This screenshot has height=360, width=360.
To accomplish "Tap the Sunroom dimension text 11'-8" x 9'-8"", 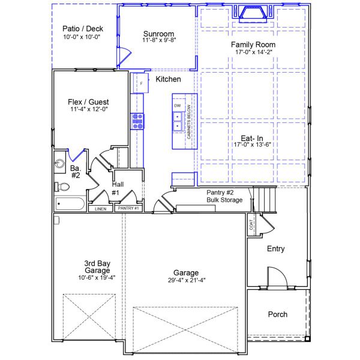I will (x=158, y=41).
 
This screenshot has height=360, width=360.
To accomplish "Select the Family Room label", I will (x=253, y=44).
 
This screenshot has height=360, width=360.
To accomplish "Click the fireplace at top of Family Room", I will (x=253, y=13).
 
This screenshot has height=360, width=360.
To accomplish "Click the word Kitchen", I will (x=168, y=79).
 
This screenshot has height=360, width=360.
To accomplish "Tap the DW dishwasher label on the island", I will (x=178, y=106).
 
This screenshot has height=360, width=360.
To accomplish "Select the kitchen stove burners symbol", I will (x=139, y=121).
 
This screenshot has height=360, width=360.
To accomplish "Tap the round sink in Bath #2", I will (x=60, y=164).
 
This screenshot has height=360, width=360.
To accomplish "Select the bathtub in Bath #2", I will (x=70, y=204).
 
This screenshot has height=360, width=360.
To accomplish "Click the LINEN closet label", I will (x=100, y=209).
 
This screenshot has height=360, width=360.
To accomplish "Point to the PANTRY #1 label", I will (x=128, y=208).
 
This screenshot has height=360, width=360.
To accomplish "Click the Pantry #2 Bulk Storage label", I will (x=224, y=196).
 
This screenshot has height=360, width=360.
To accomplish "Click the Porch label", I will (x=277, y=314).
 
